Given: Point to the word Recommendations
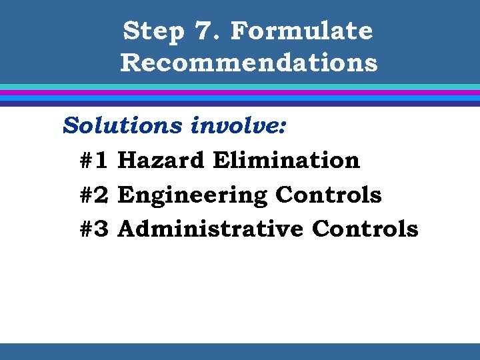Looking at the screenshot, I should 249,63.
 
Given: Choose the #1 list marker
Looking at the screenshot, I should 96,160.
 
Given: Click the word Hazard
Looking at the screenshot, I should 163,160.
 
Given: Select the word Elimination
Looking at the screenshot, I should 287,160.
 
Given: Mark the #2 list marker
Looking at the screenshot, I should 96,195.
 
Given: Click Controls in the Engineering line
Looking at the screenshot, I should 329,195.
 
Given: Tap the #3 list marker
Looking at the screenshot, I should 96,229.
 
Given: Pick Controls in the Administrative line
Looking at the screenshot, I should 365,229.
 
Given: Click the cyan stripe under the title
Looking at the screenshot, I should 240,87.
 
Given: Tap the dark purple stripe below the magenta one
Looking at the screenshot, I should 240,104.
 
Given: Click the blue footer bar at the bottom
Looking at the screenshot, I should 240,351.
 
